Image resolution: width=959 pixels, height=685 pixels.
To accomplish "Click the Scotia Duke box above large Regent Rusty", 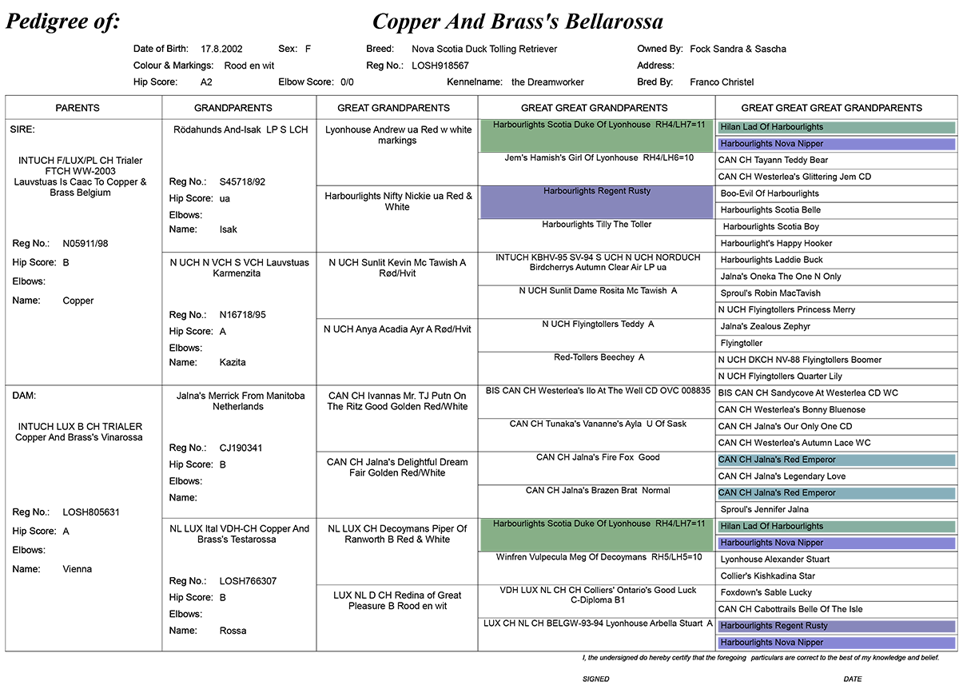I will tap(596, 136).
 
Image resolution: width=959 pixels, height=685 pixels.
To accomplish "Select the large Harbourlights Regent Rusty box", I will tap(596, 202).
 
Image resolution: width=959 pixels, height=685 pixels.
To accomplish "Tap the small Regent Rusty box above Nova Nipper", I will tap(836, 626).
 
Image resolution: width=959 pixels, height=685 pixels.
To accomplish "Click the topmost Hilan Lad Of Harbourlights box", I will tap(836, 127).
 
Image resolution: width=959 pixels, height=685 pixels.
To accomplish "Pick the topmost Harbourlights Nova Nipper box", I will tap(836, 144).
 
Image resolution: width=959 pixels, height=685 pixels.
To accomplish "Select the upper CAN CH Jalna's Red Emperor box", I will tap(836, 460).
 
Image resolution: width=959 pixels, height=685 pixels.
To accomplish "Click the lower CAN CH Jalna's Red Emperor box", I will tap(836, 493).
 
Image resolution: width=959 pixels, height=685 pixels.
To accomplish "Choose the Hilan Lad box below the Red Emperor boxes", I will tap(836, 527).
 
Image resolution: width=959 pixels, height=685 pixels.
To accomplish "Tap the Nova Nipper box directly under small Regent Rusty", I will tap(836, 643).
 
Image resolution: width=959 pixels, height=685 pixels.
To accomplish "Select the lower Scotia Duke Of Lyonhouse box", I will tap(596, 535).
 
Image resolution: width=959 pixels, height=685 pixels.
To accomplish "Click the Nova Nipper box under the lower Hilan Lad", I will tap(836, 543).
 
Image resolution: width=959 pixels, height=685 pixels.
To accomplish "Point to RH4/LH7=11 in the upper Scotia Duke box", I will tap(680, 125).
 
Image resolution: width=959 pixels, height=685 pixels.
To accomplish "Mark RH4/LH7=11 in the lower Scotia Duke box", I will tap(680, 524).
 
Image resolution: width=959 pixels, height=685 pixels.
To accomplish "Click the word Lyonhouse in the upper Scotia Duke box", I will tap(630, 125).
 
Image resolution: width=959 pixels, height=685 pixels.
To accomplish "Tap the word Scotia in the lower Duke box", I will tap(560, 524).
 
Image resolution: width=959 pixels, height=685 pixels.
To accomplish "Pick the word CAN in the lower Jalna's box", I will tap(727, 493).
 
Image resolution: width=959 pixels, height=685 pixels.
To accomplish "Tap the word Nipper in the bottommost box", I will tap(810, 643).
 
